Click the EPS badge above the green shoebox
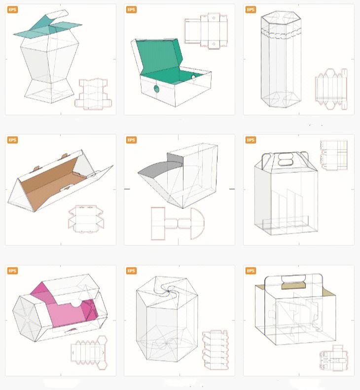click(x=131, y=10)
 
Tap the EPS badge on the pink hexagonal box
click(x=12, y=271)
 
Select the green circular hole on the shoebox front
click(x=156, y=88)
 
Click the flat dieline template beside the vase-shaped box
click(x=93, y=94)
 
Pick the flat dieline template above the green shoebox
click(x=206, y=31)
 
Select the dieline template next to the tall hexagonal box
click(x=331, y=89)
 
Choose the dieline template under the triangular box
click(x=86, y=219)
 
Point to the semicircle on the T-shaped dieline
click(x=198, y=223)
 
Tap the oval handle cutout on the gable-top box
click(x=286, y=159)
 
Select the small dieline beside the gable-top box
click(x=334, y=155)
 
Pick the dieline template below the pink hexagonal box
click(x=89, y=352)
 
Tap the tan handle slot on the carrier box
click(x=293, y=285)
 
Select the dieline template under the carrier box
click(x=334, y=358)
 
